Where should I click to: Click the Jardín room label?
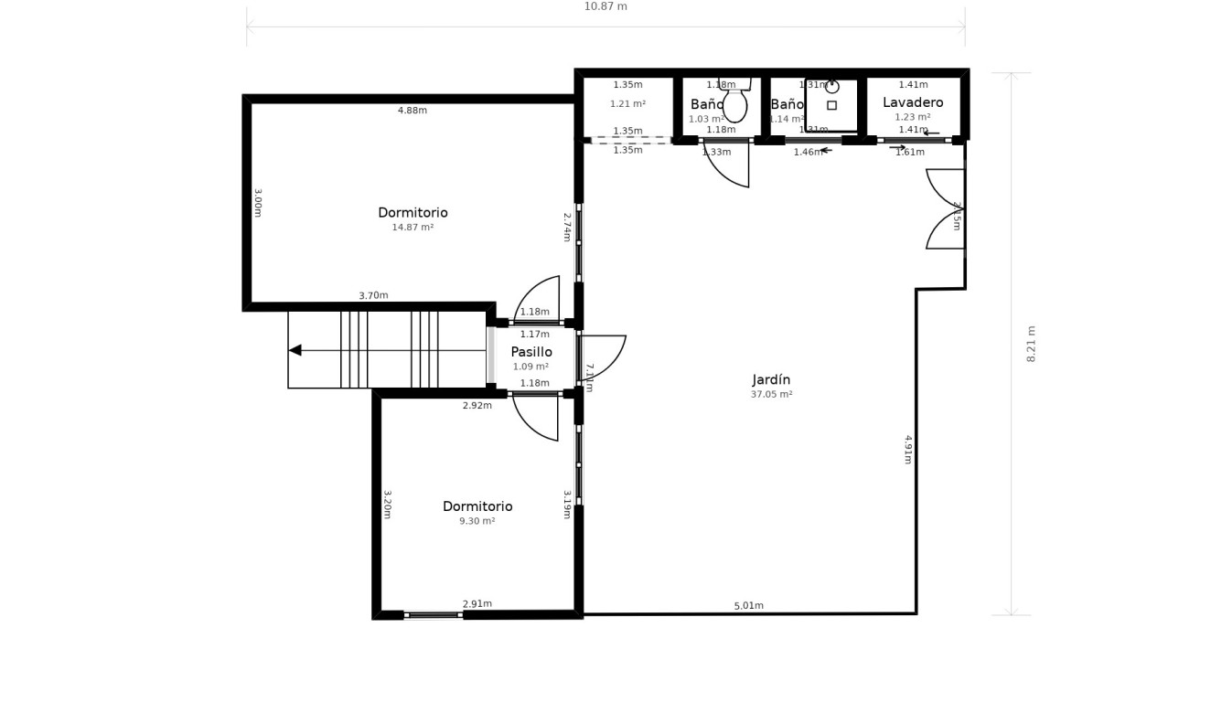click(771, 380)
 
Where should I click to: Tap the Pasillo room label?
click(531, 352)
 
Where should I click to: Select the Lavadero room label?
click(913, 102)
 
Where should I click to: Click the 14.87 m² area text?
click(413, 228)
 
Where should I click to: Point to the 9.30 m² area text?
click(477, 521)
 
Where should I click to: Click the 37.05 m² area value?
click(771, 395)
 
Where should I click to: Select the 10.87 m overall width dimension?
click(605, 7)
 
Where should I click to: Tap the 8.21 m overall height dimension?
click(1032, 344)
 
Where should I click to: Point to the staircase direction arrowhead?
click(295, 350)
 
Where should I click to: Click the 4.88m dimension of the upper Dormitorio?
click(413, 111)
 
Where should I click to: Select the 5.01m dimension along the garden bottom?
click(748, 606)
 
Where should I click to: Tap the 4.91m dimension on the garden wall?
click(907, 449)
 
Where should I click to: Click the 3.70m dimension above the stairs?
click(373, 295)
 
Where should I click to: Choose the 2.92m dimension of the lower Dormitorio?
click(477, 406)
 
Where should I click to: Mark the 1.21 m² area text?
click(627, 104)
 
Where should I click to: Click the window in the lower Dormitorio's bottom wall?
click(433, 615)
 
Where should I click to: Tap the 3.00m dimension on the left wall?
click(257, 202)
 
